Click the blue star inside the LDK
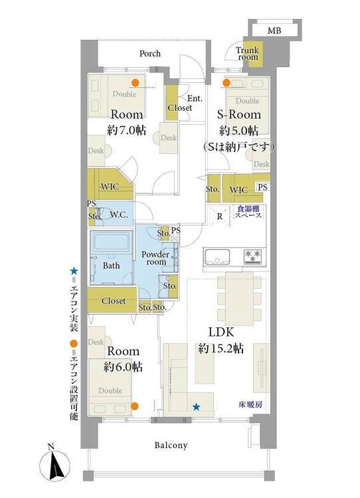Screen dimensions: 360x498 pos(197,406)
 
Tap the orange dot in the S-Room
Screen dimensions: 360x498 pos(226,83)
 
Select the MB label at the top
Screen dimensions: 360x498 pos(274,31)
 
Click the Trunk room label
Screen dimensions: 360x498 pos(247,54)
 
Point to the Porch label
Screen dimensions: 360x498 pos(150,53)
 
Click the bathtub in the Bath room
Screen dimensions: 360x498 pos(111,241)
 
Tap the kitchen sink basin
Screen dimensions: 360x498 pos(217,257)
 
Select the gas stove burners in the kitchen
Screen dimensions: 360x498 pos(253,256)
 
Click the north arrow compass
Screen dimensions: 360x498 pos(54,465)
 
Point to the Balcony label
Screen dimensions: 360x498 pos(171,446)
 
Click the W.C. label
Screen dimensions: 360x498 pos(119,214)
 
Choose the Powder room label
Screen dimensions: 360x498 pos(155,258)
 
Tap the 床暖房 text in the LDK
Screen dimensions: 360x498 pos(250,404)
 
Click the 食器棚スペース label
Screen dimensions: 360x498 pos(248,212)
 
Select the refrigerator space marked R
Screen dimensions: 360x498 pos(220,216)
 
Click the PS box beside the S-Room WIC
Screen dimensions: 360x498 pos(262,187)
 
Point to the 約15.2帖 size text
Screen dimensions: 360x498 pos(221,349)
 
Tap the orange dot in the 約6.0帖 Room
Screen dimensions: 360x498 pos(135,406)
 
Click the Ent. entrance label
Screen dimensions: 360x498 pos(195,98)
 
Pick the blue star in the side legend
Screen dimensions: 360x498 pos(74,271)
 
